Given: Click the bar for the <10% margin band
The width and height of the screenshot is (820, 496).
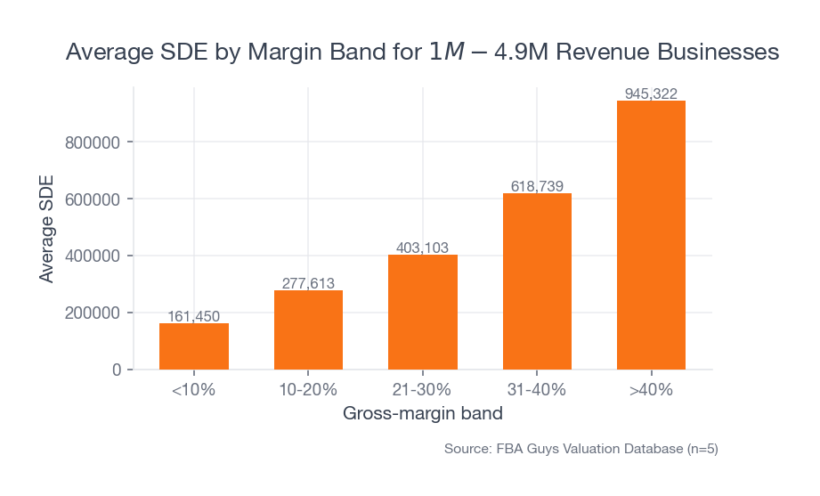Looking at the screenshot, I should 194,346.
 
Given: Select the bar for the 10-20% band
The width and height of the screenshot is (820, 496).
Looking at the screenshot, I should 308,329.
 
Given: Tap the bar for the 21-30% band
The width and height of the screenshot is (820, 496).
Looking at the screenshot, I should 423,312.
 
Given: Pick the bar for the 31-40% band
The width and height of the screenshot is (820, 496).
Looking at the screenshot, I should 537,281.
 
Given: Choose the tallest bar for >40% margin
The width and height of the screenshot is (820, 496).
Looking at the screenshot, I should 651,235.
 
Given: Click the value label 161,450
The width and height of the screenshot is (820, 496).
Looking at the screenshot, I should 194,316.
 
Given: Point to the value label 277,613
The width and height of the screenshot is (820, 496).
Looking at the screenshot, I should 308,283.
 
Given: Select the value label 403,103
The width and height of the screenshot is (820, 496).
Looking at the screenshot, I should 423,248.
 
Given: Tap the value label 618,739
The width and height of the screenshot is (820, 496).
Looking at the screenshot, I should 537,186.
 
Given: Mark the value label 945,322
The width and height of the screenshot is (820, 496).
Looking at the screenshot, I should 651,94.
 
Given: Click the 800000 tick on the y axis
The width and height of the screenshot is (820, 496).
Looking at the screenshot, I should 93,142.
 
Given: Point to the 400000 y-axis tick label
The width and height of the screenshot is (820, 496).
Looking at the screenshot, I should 93,256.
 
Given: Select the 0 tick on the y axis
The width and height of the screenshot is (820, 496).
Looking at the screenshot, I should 116,370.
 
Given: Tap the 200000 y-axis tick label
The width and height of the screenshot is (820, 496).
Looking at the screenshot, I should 93,313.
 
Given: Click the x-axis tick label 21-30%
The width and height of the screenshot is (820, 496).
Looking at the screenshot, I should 423,390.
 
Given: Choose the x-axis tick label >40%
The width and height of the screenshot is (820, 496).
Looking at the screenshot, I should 651,390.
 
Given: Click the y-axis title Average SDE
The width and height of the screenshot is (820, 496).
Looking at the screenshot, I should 46,229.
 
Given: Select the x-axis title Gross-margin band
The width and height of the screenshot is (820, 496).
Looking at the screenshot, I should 422,414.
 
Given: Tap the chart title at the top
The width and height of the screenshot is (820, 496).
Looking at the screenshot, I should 422,53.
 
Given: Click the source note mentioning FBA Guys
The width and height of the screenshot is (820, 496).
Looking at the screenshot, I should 580,449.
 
